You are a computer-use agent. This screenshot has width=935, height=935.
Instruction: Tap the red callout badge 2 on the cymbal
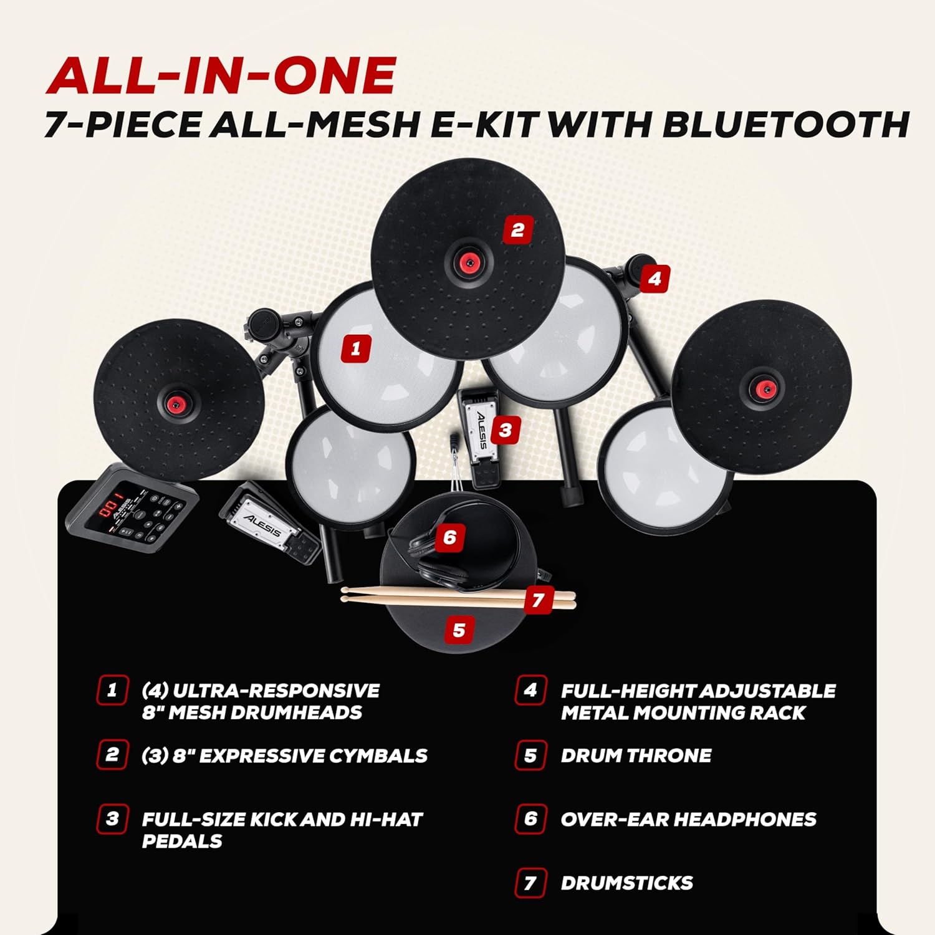pos(517,230)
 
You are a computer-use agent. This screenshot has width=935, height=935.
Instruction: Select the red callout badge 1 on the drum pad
pos(356,348)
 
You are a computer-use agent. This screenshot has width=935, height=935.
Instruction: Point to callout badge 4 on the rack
pos(654,279)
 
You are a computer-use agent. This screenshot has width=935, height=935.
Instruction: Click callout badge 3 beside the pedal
pos(506,429)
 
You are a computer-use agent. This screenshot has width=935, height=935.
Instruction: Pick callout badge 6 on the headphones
pos(450,537)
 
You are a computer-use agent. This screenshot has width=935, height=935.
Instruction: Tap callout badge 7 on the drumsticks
pos(539,600)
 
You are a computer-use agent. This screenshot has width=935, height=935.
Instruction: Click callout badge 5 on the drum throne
pos(459,630)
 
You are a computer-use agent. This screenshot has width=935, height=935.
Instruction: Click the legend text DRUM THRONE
pos(636,755)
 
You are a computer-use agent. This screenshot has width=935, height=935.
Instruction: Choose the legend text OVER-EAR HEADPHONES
pos(688,819)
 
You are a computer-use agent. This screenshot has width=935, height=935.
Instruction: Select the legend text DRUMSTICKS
pos(627,883)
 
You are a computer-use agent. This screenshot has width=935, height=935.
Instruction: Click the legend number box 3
pos(112,818)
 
